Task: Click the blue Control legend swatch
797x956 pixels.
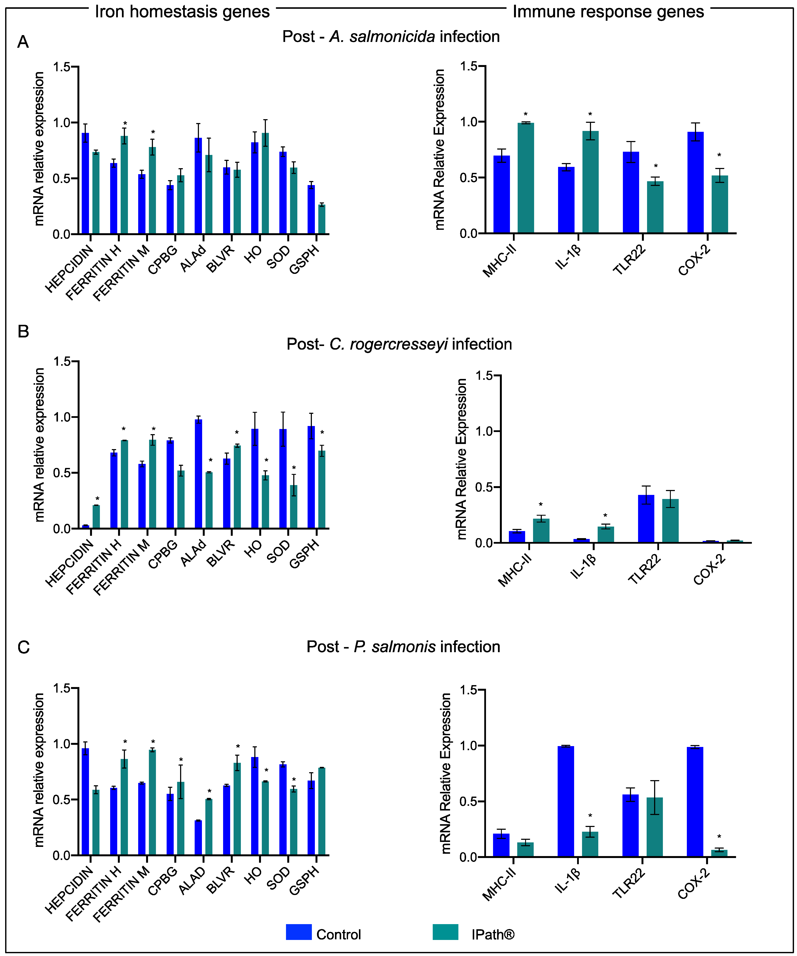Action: pos(299,932)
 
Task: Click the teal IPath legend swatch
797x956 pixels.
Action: pos(445,932)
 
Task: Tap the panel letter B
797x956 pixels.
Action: pos(23,331)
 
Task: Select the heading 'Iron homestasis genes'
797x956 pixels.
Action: pos(182,11)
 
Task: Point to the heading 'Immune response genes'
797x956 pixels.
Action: pos(608,11)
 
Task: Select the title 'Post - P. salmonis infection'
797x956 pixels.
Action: pos(403,646)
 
